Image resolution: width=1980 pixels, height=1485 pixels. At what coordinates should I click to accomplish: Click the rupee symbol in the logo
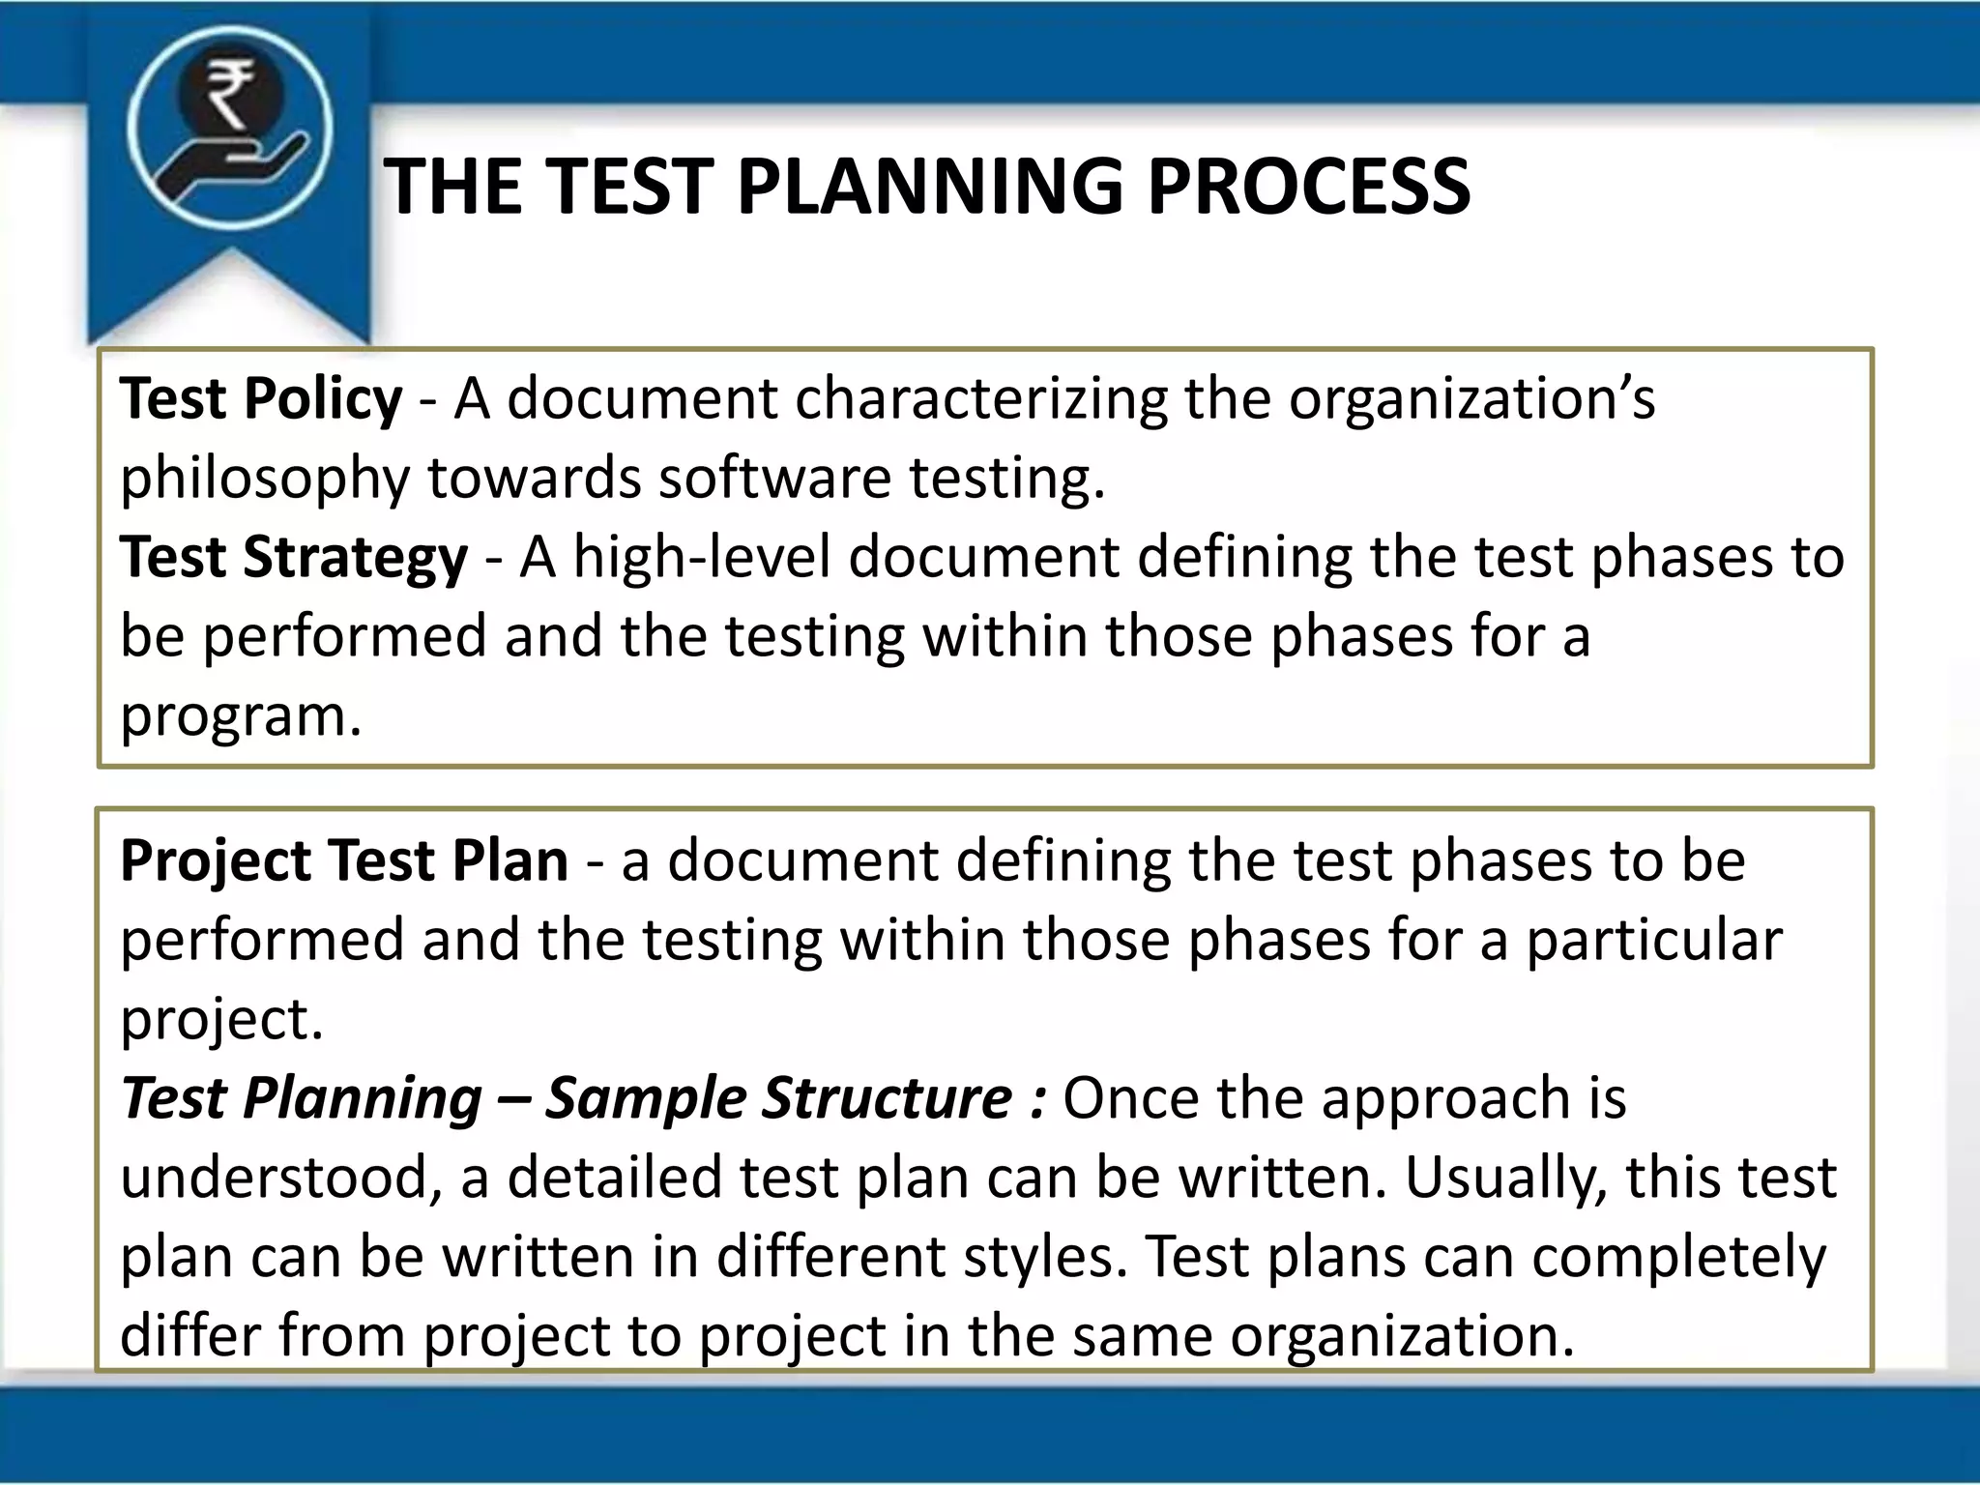(230, 93)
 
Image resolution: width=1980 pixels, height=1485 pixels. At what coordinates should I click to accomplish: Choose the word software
(773, 478)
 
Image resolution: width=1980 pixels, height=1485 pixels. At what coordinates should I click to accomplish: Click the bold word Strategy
(355, 559)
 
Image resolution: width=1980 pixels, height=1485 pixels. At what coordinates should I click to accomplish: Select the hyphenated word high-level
(702, 558)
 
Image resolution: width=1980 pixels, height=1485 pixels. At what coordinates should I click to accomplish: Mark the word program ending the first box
(240, 718)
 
